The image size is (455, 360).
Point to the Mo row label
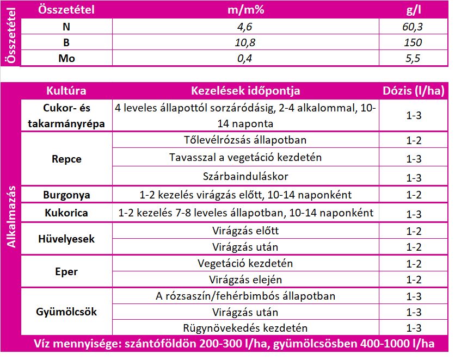[x=66, y=59]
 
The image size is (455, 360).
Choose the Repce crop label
[x=66, y=159]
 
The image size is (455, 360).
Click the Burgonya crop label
[x=66, y=195]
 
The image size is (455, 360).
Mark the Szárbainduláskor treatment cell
[x=245, y=177]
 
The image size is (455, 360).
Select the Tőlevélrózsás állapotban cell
[x=245, y=140]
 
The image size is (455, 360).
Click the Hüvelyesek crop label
[x=66, y=239]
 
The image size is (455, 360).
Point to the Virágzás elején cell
[x=245, y=280]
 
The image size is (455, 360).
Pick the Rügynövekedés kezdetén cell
[x=245, y=328]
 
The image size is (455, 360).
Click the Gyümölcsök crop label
[x=66, y=312]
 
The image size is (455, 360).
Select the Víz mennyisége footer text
[x=234, y=344]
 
